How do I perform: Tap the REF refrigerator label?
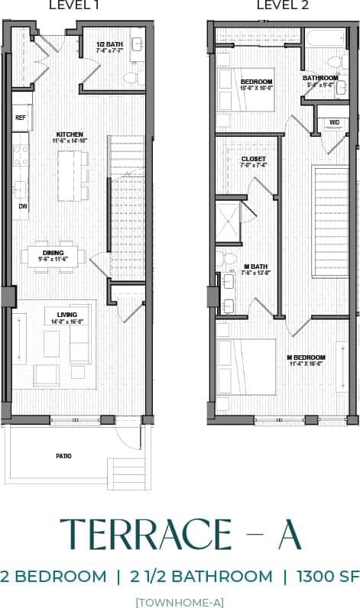pyautogui.click(x=21, y=118)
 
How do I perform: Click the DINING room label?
pyautogui.click(x=54, y=252)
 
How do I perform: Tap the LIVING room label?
pyautogui.click(x=57, y=314)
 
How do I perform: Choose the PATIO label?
pyautogui.click(x=63, y=456)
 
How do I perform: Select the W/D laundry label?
pyautogui.click(x=334, y=122)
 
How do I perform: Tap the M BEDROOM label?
pyautogui.click(x=306, y=357)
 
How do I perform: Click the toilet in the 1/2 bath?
pyautogui.click(x=131, y=76)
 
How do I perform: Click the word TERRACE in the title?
pyautogui.click(x=144, y=535)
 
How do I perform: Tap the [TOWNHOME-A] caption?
pyautogui.click(x=180, y=601)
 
